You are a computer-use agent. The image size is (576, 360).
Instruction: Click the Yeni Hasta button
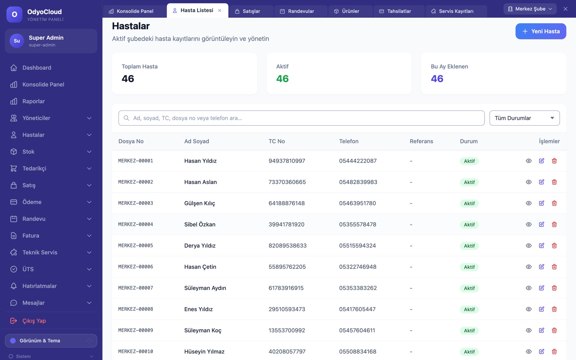[x=540, y=31]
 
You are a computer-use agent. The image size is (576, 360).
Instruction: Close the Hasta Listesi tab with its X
[x=220, y=10]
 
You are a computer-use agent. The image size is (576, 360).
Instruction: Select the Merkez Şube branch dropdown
[x=530, y=9]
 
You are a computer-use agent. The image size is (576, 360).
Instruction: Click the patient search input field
[x=301, y=118]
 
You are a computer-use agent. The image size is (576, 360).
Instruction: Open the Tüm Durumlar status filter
[x=525, y=118]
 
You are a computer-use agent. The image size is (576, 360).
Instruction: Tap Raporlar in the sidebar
[x=33, y=101]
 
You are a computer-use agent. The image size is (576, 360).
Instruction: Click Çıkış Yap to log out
[x=34, y=321]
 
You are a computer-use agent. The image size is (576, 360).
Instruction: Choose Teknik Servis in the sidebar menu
[x=40, y=252]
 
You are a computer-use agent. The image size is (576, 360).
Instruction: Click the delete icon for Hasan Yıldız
[x=554, y=161]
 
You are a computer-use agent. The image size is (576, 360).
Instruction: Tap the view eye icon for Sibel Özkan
[x=528, y=224]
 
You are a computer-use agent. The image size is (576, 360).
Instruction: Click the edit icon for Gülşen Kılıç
[x=541, y=203]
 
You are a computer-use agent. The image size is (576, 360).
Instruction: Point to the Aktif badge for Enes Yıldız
[x=469, y=309]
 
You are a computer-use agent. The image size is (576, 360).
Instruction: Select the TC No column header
[x=276, y=141]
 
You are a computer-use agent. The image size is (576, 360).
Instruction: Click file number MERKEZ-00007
[x=135, y=288]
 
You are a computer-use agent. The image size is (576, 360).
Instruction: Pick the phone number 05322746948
[x=357, y=267]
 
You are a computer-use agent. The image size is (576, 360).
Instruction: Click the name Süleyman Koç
[x=203, y=330]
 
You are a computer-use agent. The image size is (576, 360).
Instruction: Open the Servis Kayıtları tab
[x=456, y=11]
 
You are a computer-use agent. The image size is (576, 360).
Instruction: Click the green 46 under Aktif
[x=282, y=78]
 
